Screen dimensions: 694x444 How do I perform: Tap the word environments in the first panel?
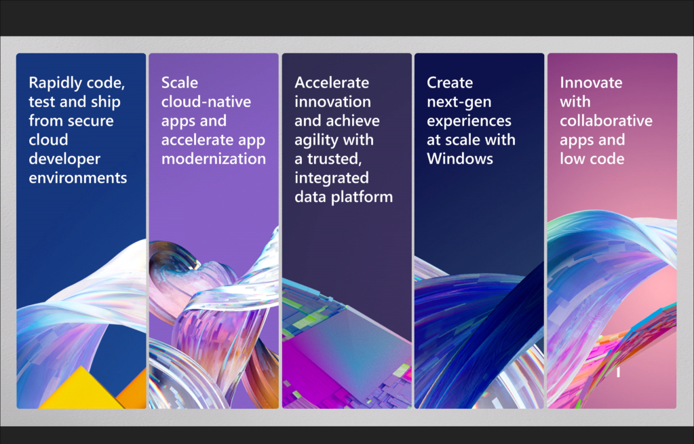point(78,178)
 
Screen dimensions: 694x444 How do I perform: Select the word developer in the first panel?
point(64,159)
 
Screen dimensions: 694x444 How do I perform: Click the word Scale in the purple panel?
point(179,83)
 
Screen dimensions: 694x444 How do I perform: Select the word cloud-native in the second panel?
point(206,102)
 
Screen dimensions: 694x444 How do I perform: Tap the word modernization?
point(213,159)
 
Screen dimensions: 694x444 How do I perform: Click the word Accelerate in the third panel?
point(332,83)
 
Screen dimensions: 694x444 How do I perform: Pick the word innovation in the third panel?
point(333,102)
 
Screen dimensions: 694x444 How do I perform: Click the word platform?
point(362,197)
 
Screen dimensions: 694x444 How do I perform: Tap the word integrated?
point(332,178)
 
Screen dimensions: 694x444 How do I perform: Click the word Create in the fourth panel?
point(450,83)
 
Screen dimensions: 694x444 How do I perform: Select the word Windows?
point(460,159)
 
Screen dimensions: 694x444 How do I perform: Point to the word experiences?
point(469,121)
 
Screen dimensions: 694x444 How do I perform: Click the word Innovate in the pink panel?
point(591,83)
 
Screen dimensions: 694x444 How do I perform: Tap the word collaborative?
point(606,121)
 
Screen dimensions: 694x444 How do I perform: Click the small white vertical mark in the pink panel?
point(618,372)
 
